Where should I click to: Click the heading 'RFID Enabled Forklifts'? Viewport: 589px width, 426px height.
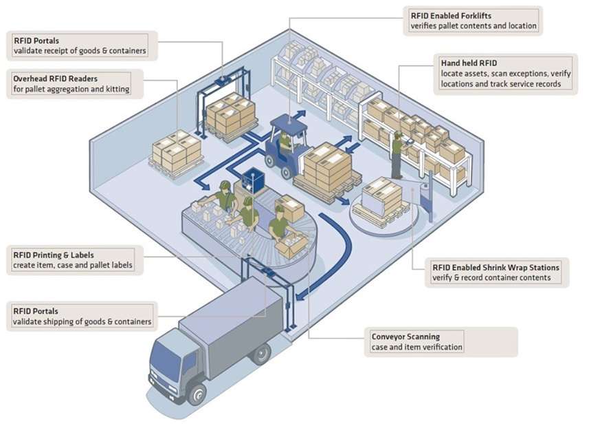coord(451,16)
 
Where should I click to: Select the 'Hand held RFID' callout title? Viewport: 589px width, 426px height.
coord(469,63)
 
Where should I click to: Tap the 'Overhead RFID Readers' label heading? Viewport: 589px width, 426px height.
coord(55,79)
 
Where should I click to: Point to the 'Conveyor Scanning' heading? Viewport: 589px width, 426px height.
coord(405,337)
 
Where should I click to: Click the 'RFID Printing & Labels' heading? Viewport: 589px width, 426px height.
coord(54,255)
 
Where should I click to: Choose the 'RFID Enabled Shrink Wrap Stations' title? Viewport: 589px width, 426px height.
coord(496,268)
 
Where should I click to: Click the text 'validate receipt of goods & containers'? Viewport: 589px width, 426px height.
coord(80,51)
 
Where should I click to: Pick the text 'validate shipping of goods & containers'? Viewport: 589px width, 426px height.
coord(82,322)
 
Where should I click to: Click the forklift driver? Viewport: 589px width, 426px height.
coord(285,143)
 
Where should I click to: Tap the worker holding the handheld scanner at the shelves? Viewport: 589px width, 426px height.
coord(397,154)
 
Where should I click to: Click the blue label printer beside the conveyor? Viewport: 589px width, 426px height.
coord(253,180)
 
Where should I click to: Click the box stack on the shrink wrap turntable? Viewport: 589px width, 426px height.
coord(381,198)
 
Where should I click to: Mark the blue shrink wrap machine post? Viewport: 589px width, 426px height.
coord(428,200)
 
